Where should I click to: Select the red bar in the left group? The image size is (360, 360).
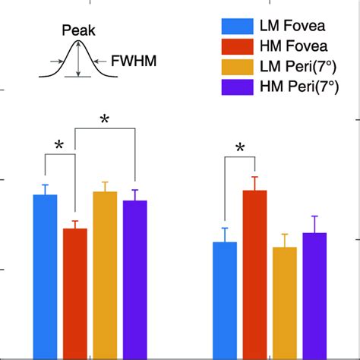tap(75, 292)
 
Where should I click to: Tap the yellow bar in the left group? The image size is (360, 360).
tap(105, 274)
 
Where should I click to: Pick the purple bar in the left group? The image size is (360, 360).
tap(134, 279)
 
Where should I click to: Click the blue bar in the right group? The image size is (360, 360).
tap(225, 300)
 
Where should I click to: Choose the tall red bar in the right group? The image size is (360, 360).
tap(254, 274)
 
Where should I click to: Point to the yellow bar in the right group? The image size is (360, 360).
tap(285, 302)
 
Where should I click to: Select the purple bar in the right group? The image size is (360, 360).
tap(314, 295)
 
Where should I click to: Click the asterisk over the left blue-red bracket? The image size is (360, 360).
tap(60, 146)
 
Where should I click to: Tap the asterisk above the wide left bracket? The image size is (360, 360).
tap(106, 119)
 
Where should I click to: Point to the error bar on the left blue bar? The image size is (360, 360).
tap(45, 189)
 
